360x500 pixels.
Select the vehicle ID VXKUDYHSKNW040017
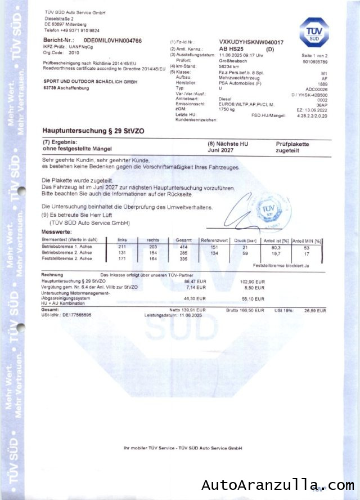(x=251, y=43)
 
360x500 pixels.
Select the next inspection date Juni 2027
(x=220, y=151)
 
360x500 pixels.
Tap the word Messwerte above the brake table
(x=56, y=231)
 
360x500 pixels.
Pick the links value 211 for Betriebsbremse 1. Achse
(x=122, y=247)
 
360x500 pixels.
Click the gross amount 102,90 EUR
(x=252, y=280)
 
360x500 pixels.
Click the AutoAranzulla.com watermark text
(x=278, y=485)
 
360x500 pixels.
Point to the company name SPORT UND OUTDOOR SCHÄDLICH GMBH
(x=91, y=82)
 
